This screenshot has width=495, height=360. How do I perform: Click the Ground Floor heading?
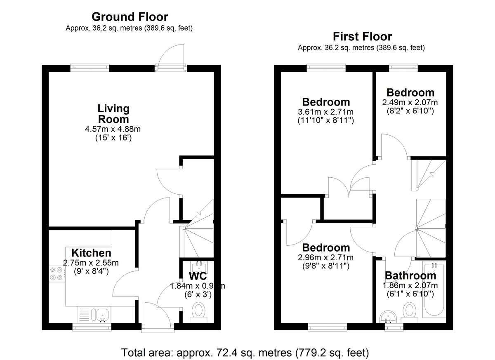tap(130, 17)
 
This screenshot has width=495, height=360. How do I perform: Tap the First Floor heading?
tap(363, 36)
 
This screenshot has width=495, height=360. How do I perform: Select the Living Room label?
tap(113, 114)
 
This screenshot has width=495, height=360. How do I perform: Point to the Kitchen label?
tap(91, 253)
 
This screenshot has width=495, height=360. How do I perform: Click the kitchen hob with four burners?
tap(57, 273)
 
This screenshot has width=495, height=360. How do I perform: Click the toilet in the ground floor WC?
tap(198, 312)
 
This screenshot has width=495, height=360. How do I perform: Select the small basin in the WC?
tap(199, 266)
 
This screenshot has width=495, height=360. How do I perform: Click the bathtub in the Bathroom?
tap(434, 289)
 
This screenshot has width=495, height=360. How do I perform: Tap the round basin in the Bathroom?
tap(389, 317)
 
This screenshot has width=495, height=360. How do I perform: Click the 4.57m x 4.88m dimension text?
tap(113, 129)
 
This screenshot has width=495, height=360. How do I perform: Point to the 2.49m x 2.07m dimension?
tap(410, 103)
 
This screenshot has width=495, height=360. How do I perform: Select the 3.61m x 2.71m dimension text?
tap(326, 112)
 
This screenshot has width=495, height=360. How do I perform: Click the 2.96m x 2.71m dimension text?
tap(326, 257)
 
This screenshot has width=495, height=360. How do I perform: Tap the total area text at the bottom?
tap(245, 353)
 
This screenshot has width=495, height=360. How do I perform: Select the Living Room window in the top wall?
tap(90, 68)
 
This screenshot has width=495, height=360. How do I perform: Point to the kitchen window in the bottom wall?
tap(92, 327)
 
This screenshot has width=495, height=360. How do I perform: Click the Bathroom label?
tap(410, 275)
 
